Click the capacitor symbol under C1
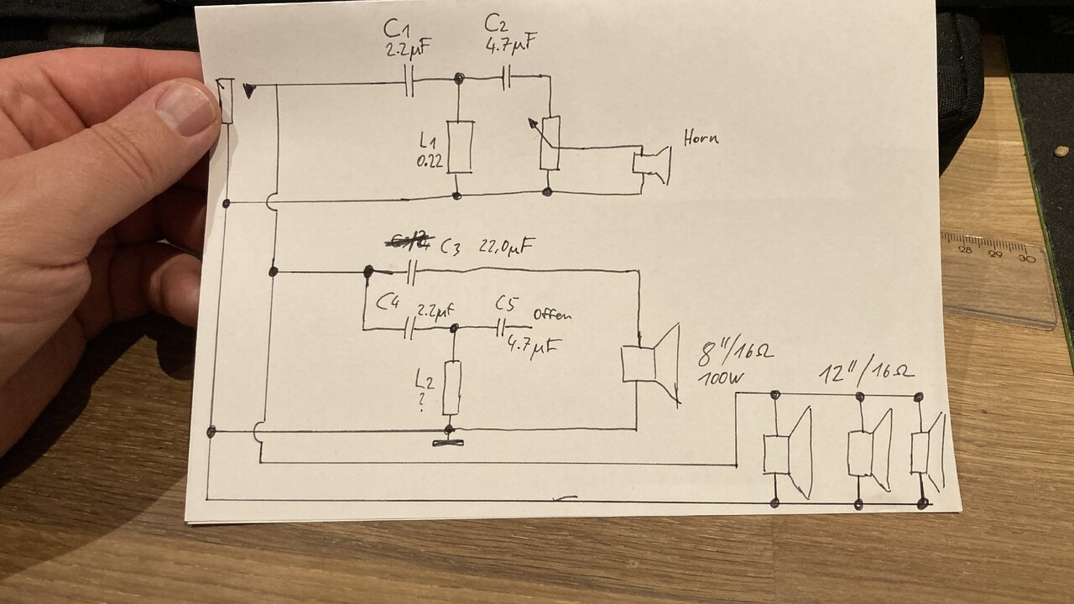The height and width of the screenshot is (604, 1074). [409, 81]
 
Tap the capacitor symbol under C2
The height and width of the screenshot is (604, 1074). [507, 78]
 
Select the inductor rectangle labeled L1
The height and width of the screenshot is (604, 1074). [459, 147]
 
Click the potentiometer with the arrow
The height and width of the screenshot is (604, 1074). [550, 143]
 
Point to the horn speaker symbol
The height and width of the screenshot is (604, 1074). [652, 164]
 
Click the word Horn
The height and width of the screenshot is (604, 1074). [701, 137]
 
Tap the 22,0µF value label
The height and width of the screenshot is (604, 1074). [506, 246]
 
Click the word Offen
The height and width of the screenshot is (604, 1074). [552, 315]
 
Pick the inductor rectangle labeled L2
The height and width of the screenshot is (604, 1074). [452, 387]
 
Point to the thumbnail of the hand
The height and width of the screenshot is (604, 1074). [187, 107]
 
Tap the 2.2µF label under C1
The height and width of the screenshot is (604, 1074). [408, 49]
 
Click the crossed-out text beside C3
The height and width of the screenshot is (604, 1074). [408, 243]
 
